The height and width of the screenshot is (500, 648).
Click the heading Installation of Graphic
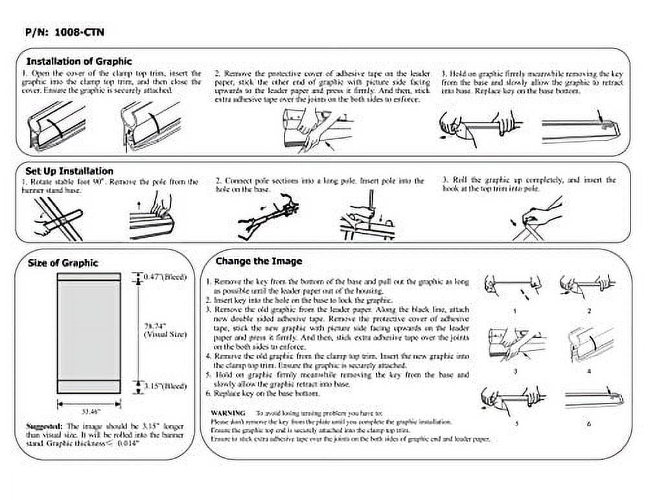79,62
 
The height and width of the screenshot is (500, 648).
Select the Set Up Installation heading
70,171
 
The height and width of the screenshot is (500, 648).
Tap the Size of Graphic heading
63,263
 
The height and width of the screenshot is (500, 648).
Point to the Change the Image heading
259,262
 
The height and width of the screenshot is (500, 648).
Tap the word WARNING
228,413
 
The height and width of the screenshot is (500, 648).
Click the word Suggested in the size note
43,426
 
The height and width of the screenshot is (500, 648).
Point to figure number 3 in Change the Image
514,371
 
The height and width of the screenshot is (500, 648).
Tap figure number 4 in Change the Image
589,371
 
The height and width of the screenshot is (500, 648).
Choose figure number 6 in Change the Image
589,424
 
